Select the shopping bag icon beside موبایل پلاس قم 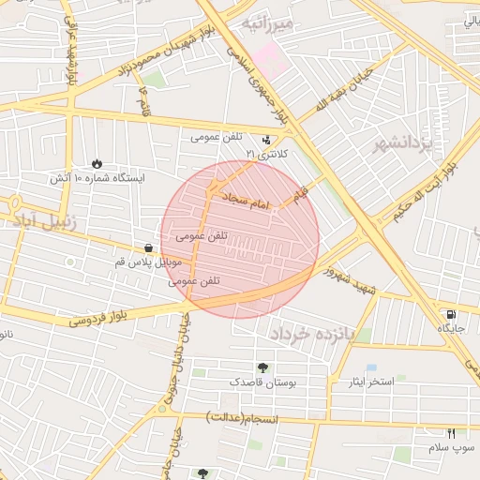click(x=149, y=248)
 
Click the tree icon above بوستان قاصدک click(x=262, y=367)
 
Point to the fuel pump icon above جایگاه click(x=452, y=314)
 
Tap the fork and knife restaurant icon click(x=451, y=433)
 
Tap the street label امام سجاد click(x=245, y=200)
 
